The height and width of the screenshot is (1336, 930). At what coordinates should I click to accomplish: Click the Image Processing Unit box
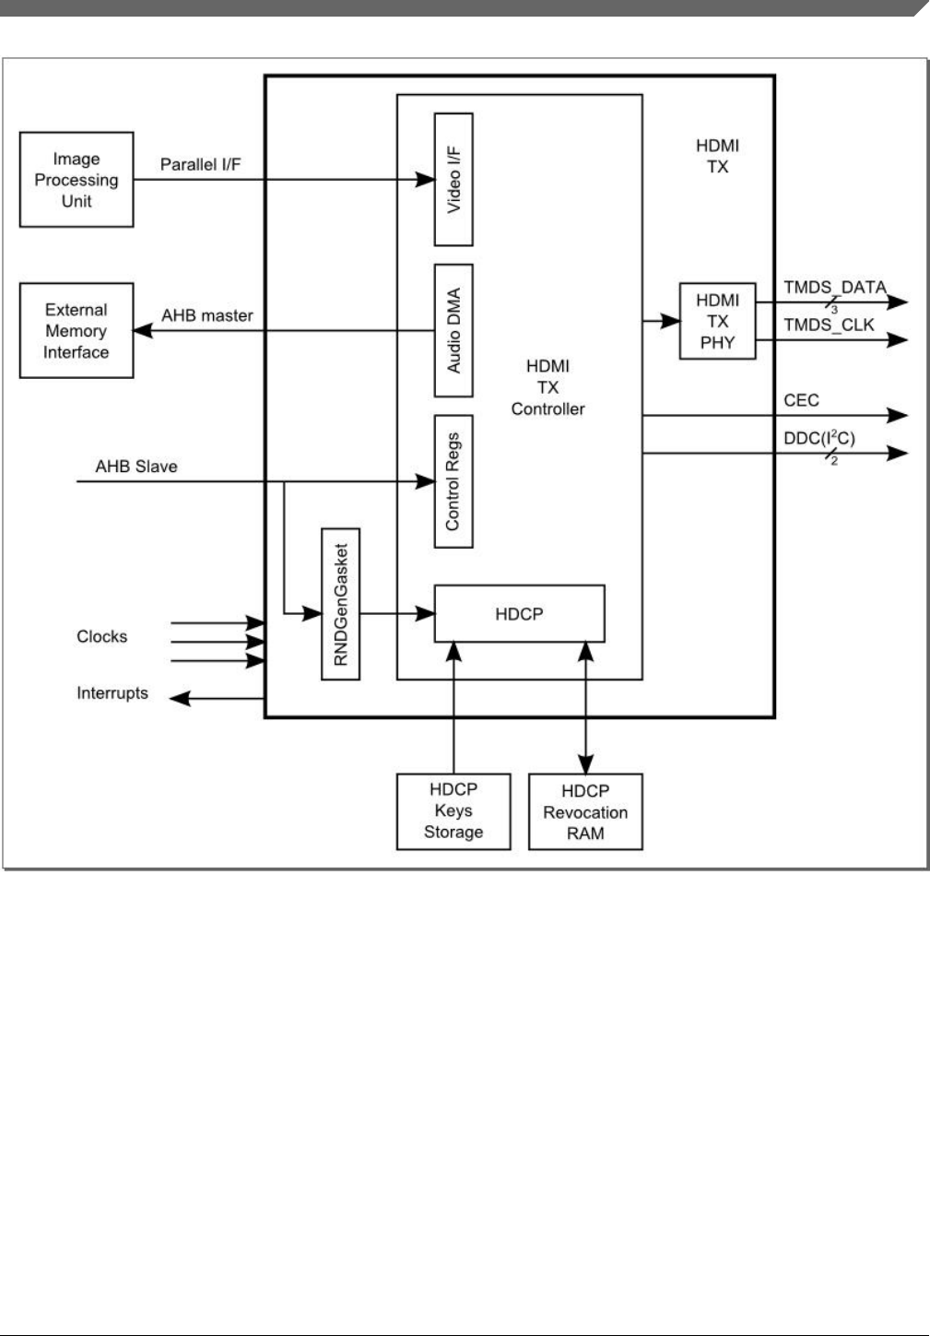pos(77,180)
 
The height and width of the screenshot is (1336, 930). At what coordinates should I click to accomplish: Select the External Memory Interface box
pos(77,330)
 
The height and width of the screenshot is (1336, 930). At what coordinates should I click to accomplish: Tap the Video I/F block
pos(453,180)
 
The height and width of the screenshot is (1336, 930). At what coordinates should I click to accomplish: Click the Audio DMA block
pos(453,330)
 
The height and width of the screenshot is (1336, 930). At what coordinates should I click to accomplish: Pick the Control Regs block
pos(453,481)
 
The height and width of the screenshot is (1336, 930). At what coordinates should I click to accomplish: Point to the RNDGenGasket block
pos(340,604)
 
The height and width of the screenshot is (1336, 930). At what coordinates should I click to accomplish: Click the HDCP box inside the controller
pos(519,614)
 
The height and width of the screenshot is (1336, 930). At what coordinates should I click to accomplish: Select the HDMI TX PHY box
pos(718,321)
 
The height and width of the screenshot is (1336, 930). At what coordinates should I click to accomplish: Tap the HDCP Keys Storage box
pos(453,811)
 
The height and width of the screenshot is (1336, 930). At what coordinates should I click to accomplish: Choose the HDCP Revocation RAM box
pos(585,811)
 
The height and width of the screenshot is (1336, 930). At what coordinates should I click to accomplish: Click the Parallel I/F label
pos(200,165)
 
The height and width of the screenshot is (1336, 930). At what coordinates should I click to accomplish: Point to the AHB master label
pos(207,315)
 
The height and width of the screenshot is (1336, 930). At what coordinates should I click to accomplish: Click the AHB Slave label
pos(136,467)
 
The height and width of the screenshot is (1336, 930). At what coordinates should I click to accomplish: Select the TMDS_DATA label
pos(835,288)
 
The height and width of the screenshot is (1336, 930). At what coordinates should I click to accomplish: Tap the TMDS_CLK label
pos(829,325)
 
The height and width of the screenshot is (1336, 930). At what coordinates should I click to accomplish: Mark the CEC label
pos(801,400)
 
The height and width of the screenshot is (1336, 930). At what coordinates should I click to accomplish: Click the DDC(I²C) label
pos(819,438)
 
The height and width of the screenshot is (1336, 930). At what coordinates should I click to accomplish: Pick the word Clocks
pos(102,636)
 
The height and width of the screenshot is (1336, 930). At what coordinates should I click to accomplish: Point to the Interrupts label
pos(112,693)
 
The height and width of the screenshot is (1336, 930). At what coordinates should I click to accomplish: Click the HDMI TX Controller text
pos(547,387)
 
